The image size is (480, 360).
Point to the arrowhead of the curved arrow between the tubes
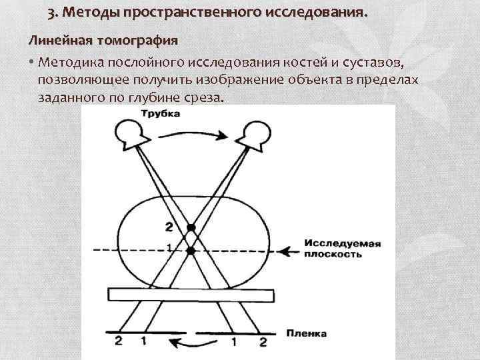coord(225,136)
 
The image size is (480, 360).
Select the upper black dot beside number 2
coord(191,228)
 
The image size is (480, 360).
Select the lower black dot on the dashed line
coord(191,251)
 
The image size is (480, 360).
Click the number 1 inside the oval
coord(169,247)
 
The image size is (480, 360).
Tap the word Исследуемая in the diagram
coord(341,243)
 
